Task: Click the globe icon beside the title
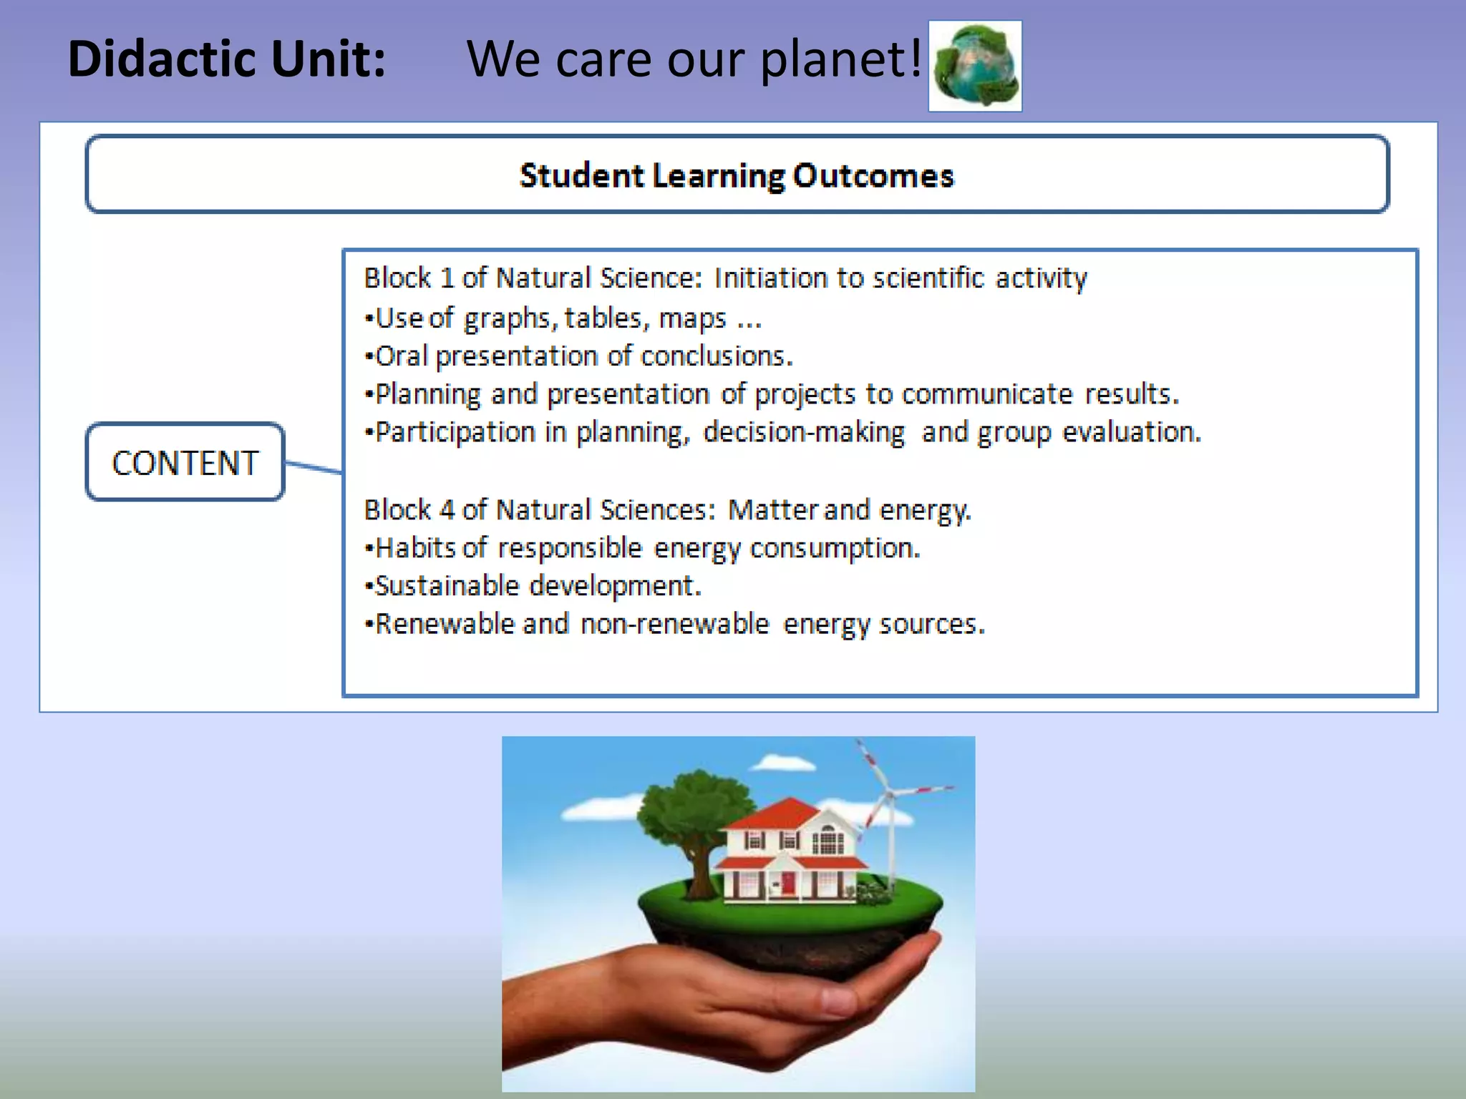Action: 975,66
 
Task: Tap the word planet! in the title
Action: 840,59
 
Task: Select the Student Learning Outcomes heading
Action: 737,175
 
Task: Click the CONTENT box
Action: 185,462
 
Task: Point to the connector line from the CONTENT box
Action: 313,467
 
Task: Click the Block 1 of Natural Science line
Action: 724,278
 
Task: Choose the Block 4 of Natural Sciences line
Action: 667,509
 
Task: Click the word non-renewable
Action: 674,624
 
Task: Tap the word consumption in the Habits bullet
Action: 834,548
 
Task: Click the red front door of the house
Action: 788,881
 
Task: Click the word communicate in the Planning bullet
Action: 986,394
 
